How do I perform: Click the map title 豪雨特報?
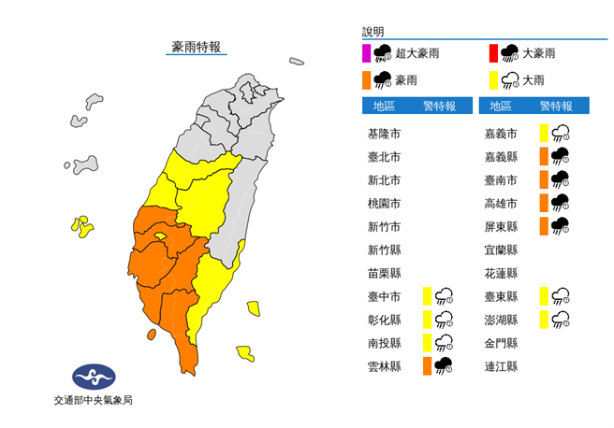point(196,47)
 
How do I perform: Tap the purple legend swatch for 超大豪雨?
point(367,54)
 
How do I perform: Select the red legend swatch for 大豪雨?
point(492,54)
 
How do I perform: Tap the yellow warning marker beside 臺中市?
point(427,296)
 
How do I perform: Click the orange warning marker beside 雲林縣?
point(427,365)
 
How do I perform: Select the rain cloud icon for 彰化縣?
point(445,320)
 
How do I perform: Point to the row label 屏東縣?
point(501,226)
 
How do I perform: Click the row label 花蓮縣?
point(501,273)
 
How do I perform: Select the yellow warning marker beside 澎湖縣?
point(543,320)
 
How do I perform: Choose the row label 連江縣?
point(501,365)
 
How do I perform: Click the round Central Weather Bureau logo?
point(94,376)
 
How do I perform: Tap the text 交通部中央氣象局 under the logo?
point(94,401)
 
